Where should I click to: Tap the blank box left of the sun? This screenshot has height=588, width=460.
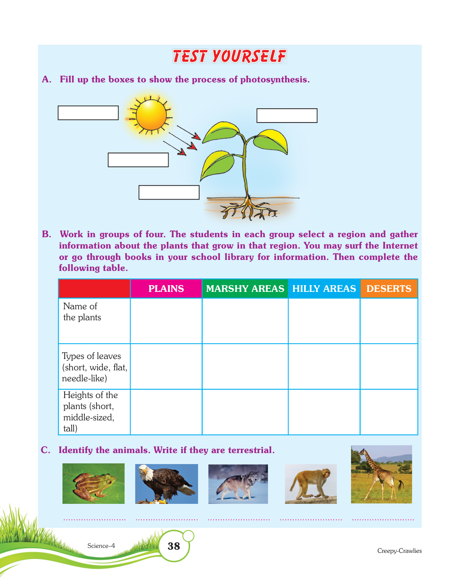click(88, 113)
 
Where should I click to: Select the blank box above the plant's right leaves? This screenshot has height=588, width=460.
click(287, 115)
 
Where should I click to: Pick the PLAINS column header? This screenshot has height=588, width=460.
click(166, 288)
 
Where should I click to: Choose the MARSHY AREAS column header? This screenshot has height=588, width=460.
click(245, 288)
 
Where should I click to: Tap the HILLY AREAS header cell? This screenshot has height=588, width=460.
click(324, 288)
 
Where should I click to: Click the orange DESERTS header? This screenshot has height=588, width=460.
click(389, 288)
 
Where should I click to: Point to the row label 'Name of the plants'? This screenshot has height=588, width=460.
click(82, 312)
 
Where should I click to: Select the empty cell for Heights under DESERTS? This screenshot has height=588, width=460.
click(389, 412)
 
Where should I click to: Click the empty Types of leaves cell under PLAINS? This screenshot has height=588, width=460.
click(166, 366)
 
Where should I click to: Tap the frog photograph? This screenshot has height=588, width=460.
click(93, 483)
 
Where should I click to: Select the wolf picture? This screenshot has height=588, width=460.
click(238, 484)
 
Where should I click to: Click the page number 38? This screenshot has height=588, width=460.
click(174, 546)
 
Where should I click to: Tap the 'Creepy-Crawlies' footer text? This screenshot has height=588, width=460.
click(399, 551)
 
